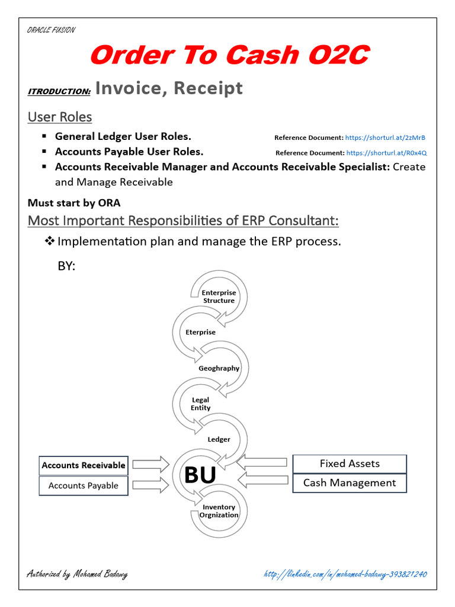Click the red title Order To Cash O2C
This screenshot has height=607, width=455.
tap(229, 56)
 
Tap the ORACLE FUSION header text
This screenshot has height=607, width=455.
tap(51, 30)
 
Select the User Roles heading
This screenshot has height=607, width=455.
tap(60, 117)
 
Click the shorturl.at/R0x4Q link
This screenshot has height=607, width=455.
tap(386, 153)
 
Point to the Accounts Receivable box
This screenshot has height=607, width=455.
tap(84, 465)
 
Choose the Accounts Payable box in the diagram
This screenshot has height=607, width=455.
tap(84, 485)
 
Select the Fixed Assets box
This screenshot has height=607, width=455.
tap(350, 464)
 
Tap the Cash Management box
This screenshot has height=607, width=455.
tap(350, 483)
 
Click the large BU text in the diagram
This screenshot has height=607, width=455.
tap(200, 475)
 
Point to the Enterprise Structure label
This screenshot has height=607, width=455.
tap(219, 296)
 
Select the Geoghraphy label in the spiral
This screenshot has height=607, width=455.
tap(219, 368)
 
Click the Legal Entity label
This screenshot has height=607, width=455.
tap(200, 404)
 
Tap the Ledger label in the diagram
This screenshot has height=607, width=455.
tap(219, 439)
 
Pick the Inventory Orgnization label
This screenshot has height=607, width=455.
tap(219, 511)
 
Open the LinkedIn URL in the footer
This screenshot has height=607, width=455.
tap(345, 574)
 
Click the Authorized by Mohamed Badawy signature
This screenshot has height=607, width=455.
tap(77, 574)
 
